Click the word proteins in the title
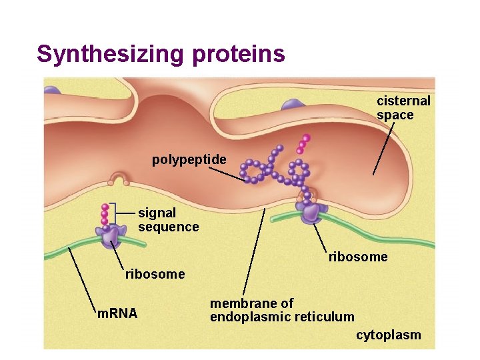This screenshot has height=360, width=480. [239, 53]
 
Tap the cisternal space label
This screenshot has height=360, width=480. [404, 108]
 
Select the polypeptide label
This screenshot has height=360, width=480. [189, 160]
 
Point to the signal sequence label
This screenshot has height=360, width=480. [168, 220]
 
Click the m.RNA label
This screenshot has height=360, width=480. [117, 313]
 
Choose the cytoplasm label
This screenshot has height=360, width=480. [388, 335]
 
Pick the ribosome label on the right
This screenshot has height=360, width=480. [358, 257]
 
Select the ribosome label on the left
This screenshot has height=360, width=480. [155, 274]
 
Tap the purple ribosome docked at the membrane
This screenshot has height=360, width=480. [311, 213]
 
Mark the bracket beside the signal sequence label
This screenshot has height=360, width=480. [114, 213]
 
